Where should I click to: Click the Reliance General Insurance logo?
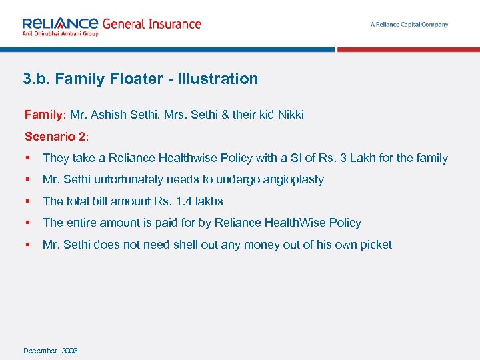point(111,25)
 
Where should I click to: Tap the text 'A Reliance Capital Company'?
point(409,25)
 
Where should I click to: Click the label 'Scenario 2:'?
point(56,137)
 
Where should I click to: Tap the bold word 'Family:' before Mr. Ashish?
point(45,115)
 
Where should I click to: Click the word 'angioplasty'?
point(293,179)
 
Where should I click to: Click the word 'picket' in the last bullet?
point(377,245)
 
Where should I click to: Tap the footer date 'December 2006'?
point(51,351)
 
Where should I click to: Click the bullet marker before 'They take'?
point(27,159)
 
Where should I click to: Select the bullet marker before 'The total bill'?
point(27,201)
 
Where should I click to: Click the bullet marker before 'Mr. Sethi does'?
point(27,245)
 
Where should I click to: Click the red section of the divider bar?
point(408,49)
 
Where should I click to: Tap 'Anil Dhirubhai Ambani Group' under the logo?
point(60,33)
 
